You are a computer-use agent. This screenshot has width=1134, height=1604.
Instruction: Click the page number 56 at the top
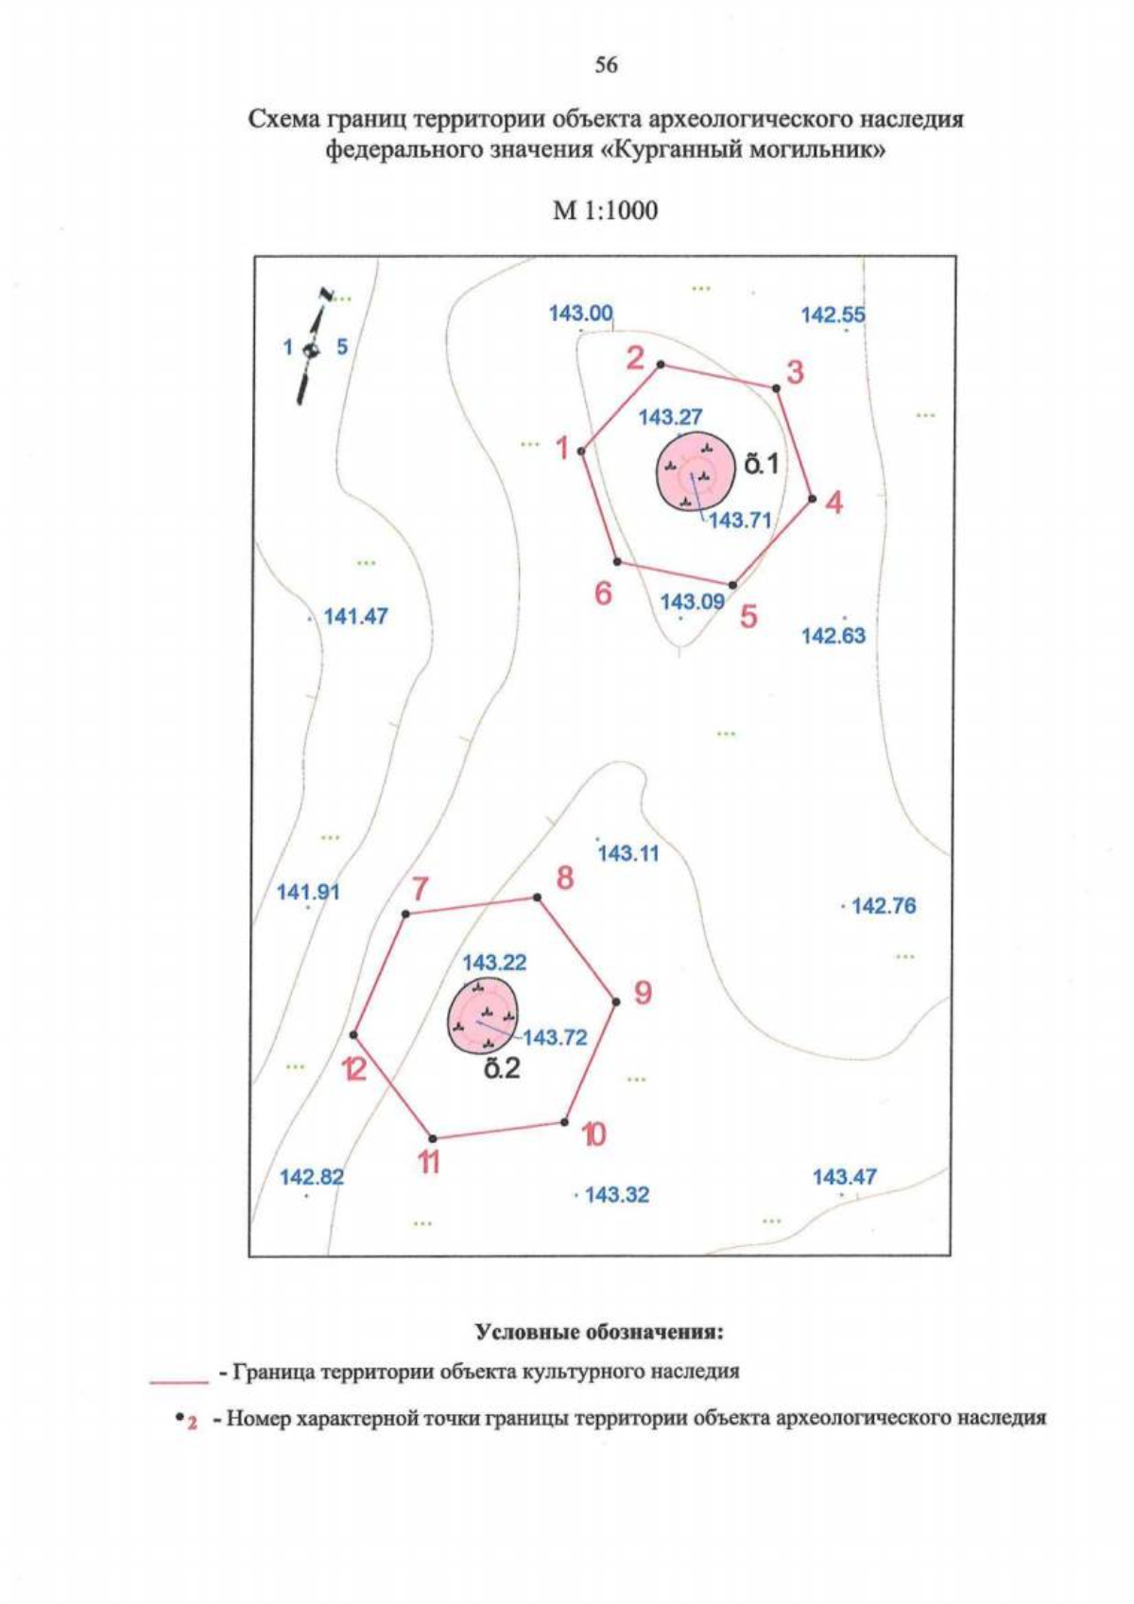pos(606,66)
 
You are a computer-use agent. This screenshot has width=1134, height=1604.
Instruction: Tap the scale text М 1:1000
pos(606,211)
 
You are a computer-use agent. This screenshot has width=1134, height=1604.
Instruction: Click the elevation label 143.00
pos(581,313)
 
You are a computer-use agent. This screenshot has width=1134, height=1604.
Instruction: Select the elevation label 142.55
pos(833,315)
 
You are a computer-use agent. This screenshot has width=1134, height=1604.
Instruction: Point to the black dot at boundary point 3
pos(776,388)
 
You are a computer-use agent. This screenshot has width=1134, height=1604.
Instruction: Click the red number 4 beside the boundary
pos(833,503)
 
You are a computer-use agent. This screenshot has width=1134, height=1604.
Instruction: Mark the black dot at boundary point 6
pos(616,561)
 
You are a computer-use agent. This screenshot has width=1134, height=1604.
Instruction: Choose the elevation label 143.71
pos(740,520)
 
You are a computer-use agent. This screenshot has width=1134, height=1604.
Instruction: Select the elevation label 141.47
pos(356,616)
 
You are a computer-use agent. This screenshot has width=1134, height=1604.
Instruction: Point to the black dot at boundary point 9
pos(615,1001)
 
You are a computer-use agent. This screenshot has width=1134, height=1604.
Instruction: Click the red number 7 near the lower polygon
pos(419,889)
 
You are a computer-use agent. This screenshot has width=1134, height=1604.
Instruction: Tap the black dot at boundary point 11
pos(432,1138)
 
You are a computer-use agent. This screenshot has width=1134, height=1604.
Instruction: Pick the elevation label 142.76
pos(884,906)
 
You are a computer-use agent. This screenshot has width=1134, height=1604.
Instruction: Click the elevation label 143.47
pos(845,1176)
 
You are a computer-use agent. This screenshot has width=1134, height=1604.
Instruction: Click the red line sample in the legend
pos(180,1382)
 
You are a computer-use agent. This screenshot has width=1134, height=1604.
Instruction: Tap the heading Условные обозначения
pos(599,1333)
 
